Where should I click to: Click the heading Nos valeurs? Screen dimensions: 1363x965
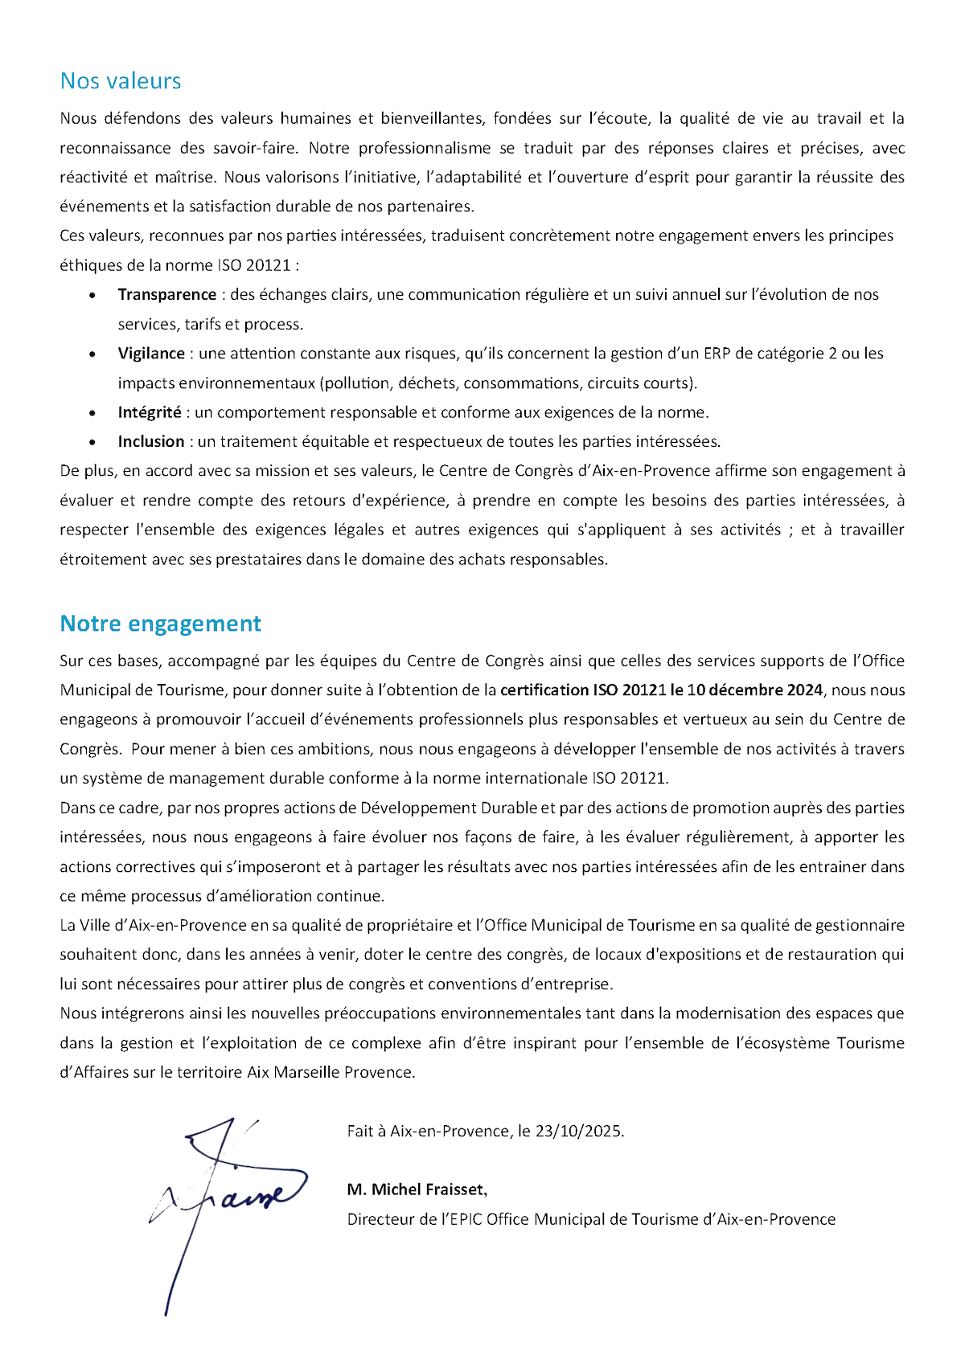point(121,81)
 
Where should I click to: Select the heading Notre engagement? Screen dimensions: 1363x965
point(161,624)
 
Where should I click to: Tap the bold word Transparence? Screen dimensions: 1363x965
point(167,295)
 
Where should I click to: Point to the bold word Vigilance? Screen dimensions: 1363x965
point(151,354)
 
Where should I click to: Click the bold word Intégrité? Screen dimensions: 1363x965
point(150,412)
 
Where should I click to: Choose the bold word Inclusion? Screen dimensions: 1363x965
point(151,442)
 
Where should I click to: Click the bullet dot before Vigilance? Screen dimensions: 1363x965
point(93,354)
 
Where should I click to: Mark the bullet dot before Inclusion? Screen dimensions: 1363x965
point(93,443)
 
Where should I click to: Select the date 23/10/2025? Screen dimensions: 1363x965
point(579,1132)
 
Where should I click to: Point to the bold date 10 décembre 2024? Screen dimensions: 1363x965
point(755,690)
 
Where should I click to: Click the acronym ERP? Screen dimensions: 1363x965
point(717,354)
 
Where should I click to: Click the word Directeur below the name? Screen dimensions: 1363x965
point(381,1220)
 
